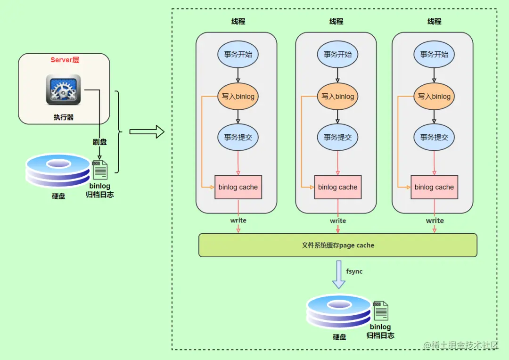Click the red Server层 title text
[65, 60]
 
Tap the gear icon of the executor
[63, 90]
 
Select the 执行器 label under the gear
[64, 117]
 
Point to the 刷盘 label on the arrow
[99, 142]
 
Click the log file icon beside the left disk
[100, 170]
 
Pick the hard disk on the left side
[58, 171]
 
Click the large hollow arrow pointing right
[147, 132]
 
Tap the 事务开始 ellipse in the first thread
[238, 54]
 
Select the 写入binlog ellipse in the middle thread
[337, 97]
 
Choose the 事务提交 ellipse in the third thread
[434, 137]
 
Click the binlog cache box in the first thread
[238, 188]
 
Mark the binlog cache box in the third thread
[435, 188]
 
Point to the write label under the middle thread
[338, 221]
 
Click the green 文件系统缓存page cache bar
[338, 245]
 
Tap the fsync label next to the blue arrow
[354, 271]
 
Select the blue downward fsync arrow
[338, 275]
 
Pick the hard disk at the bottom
[339, 311]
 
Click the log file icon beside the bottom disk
[381, 311]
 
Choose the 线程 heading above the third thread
[435, 21]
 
